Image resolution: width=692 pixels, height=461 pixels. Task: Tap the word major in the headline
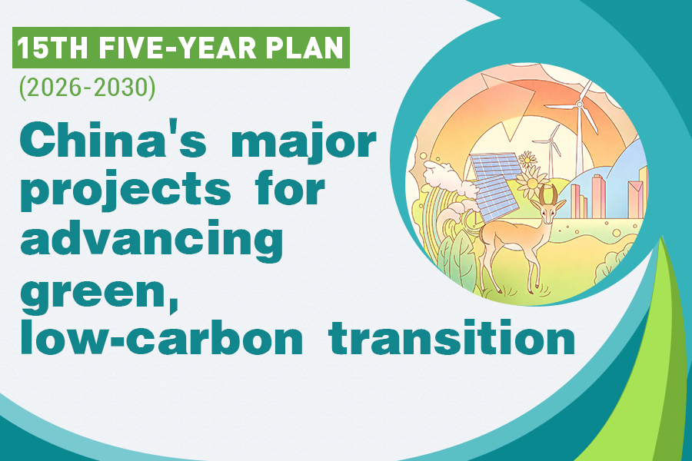302,144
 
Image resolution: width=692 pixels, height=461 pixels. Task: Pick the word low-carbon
161,337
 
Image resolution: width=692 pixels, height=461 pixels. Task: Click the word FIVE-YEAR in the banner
177,48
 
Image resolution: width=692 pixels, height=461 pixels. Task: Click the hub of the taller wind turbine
580,105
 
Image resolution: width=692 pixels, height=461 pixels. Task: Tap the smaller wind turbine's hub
551,141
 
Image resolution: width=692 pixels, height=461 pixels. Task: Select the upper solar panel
496,165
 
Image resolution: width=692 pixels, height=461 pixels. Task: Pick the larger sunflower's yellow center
532,183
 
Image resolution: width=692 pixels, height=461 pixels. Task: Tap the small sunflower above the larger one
527,159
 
